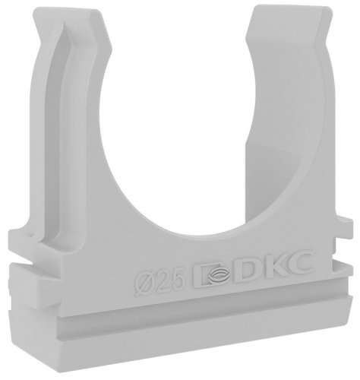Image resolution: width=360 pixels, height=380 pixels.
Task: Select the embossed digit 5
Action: pyautogui.click(x=175, y=280)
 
